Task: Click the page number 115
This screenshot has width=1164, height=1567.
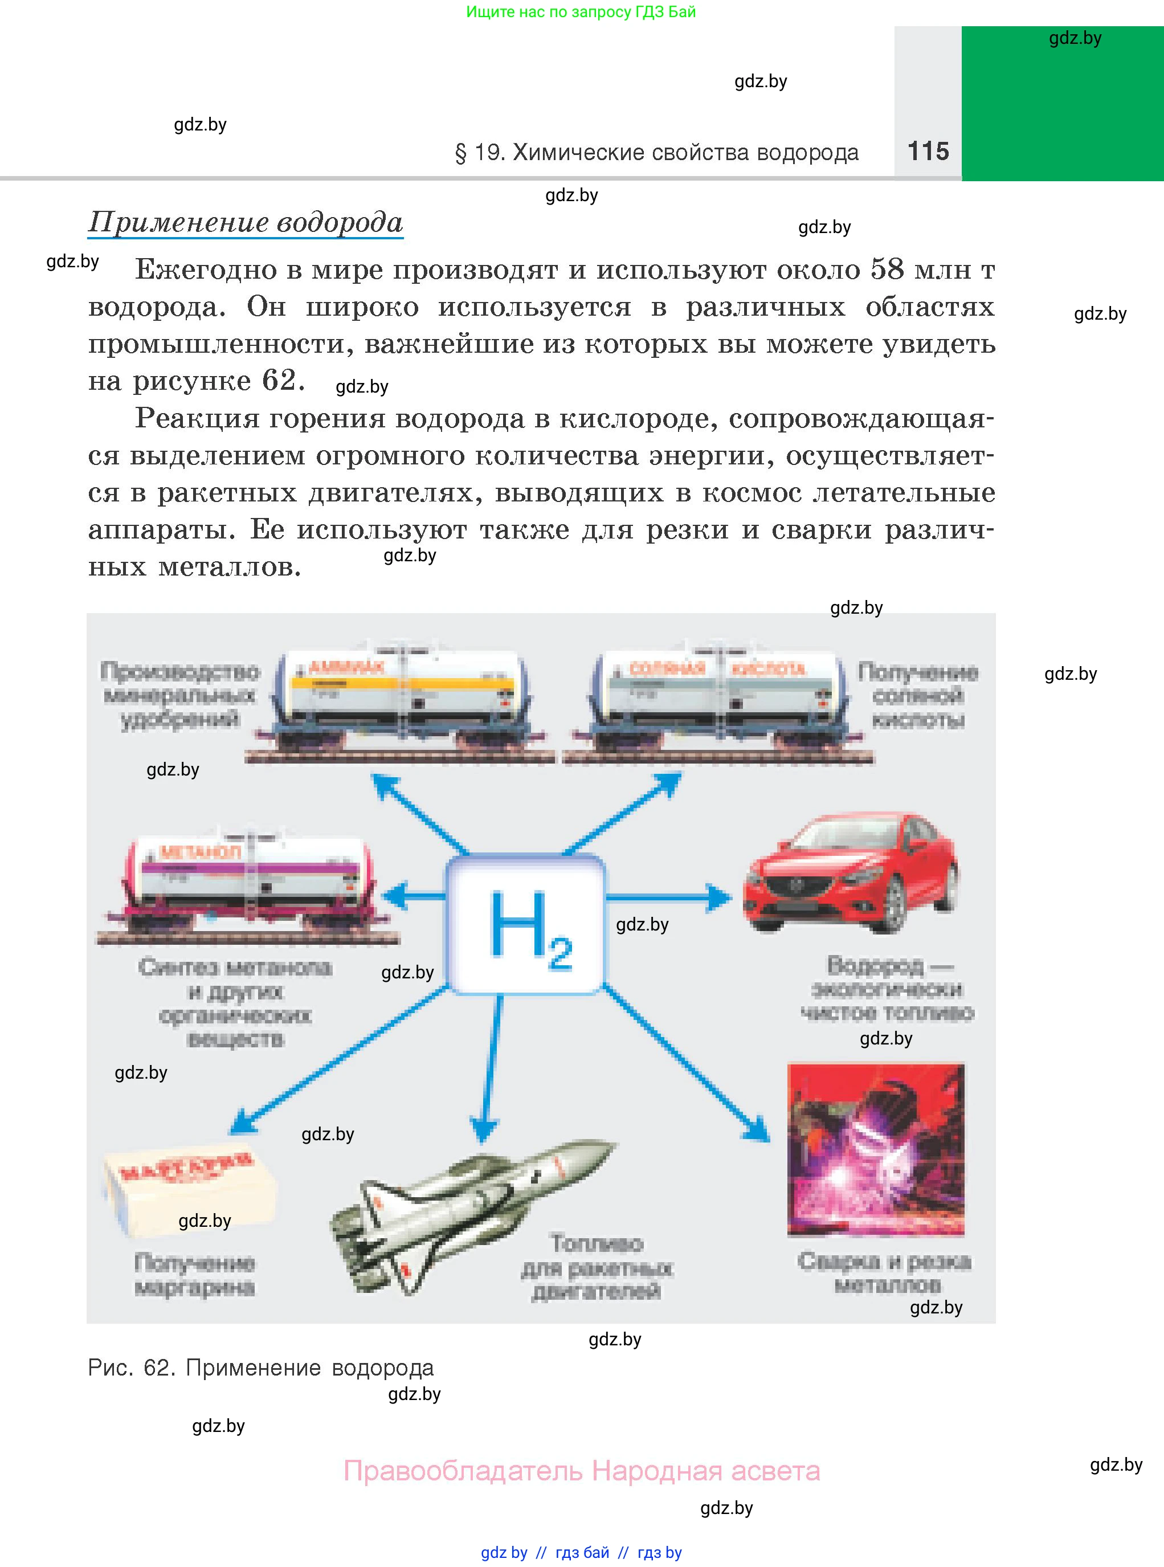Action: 928,151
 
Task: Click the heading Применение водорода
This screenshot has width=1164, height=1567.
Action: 245,222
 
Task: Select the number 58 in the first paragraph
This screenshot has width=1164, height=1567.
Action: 887,269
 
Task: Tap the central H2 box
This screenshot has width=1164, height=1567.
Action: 526,924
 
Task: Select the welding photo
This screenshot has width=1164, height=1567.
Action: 876,1150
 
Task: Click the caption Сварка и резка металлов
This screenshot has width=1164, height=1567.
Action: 884,1273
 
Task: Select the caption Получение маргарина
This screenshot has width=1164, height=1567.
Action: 194,1275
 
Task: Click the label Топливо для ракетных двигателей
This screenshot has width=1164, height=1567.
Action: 597,1267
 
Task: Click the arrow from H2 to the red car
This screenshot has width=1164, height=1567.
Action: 669,897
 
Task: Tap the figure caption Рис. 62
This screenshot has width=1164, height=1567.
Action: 261,1368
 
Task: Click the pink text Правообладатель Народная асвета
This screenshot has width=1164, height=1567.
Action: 581,1471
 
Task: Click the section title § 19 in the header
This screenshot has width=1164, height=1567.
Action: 657,152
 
